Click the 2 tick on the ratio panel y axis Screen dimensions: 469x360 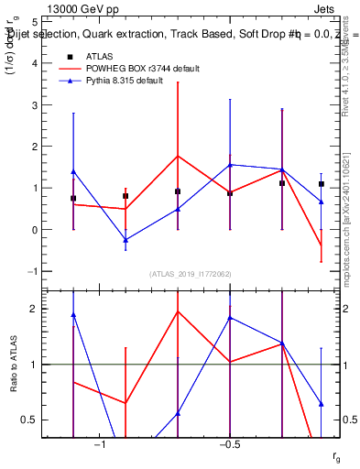click(33, 309)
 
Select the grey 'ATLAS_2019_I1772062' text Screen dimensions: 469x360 click(191, 273)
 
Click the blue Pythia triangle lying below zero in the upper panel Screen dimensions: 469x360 click(125, 240)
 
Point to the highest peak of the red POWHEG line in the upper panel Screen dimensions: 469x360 click(178, 156)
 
